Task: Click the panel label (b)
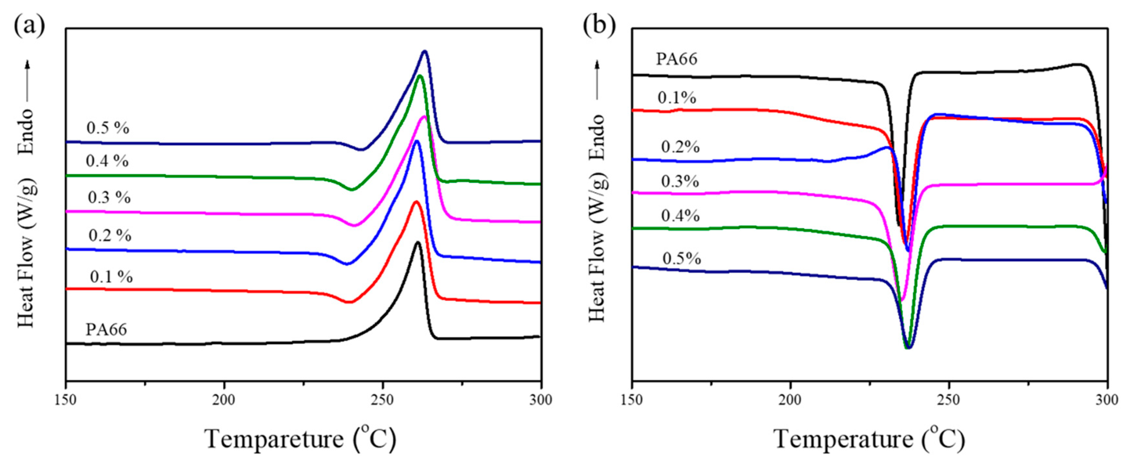pyautogui.click(x=599, y=26)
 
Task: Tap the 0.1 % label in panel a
pyautogui.click(x=111, y=277)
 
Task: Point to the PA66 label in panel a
pyautogui.click(x=106, y=329)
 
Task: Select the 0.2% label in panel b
pyautogui.click(x=680, y=147)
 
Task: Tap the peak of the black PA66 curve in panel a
pyautogui.click(x=417, y=242)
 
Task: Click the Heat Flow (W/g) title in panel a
pyautogui.click(x=26, y=253)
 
